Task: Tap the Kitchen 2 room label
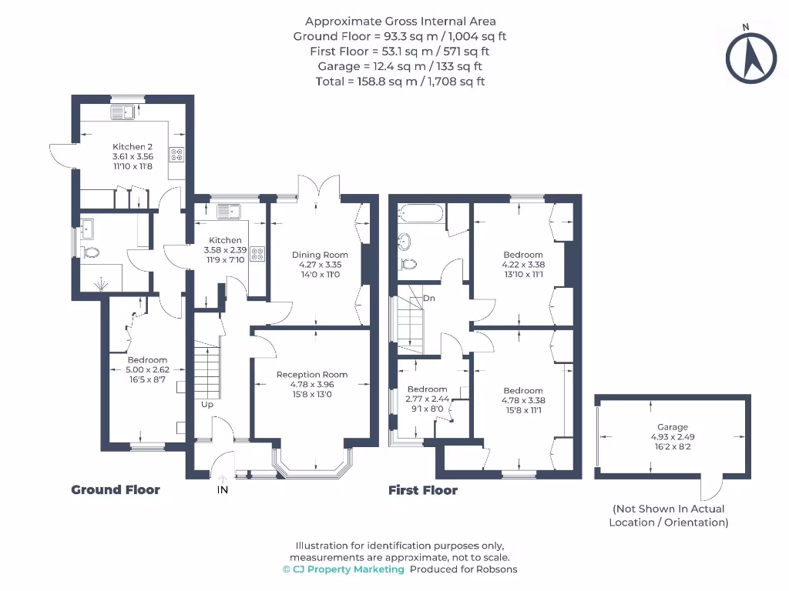[133, 146]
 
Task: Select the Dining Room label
[320, 255]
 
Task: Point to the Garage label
[673, 427]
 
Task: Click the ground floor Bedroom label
[147, 360]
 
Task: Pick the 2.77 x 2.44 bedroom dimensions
[427, 399]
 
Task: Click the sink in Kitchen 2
[123, 113]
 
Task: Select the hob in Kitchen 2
[177, 154]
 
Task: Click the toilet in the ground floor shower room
[91, 252]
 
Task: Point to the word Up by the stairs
[207, 404]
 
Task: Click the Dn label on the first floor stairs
[428, 298]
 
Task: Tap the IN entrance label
[223, 490]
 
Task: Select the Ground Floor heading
[116, 489]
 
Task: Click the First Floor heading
[422, 490]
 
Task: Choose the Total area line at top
[400, 81]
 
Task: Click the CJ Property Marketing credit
[344, 569]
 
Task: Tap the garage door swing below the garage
[710, 489]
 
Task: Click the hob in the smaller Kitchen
[257, 253]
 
